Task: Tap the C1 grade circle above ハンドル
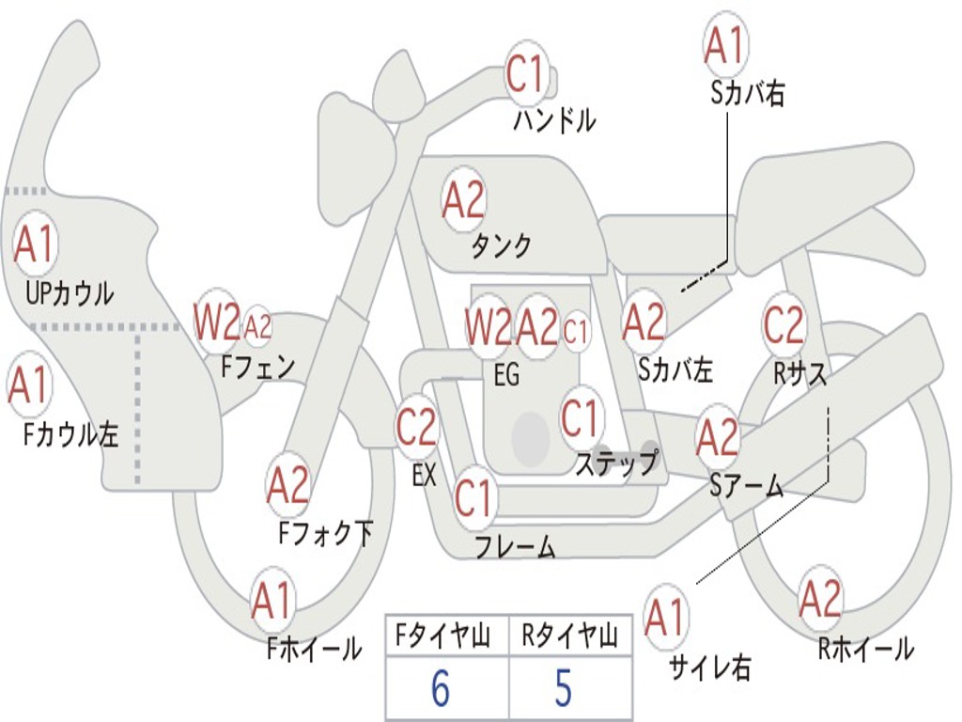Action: [x=527, y=74]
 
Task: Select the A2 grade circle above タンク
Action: [x=463, y=198]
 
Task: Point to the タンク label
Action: [x=501, y=246]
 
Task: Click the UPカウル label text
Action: [x=69, y=293]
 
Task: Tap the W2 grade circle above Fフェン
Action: [x=217, y=322]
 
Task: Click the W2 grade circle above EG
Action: [x=489, y=327]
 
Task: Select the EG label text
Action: [x=506, y=376]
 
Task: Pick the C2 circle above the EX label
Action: [x=416, y=429]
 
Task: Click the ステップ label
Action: [x=616, y=464]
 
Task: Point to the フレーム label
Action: [x=515, y=546]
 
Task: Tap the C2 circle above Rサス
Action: [x=784, y=325]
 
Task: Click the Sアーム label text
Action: [x=747, y=485]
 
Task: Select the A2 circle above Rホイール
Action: [x=820, y=599]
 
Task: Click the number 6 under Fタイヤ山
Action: [x=441, y=689]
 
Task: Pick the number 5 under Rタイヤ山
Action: [x=564, y=689]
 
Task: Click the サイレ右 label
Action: [x=709, y=667]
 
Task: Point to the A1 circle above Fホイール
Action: [x=272, y=602]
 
